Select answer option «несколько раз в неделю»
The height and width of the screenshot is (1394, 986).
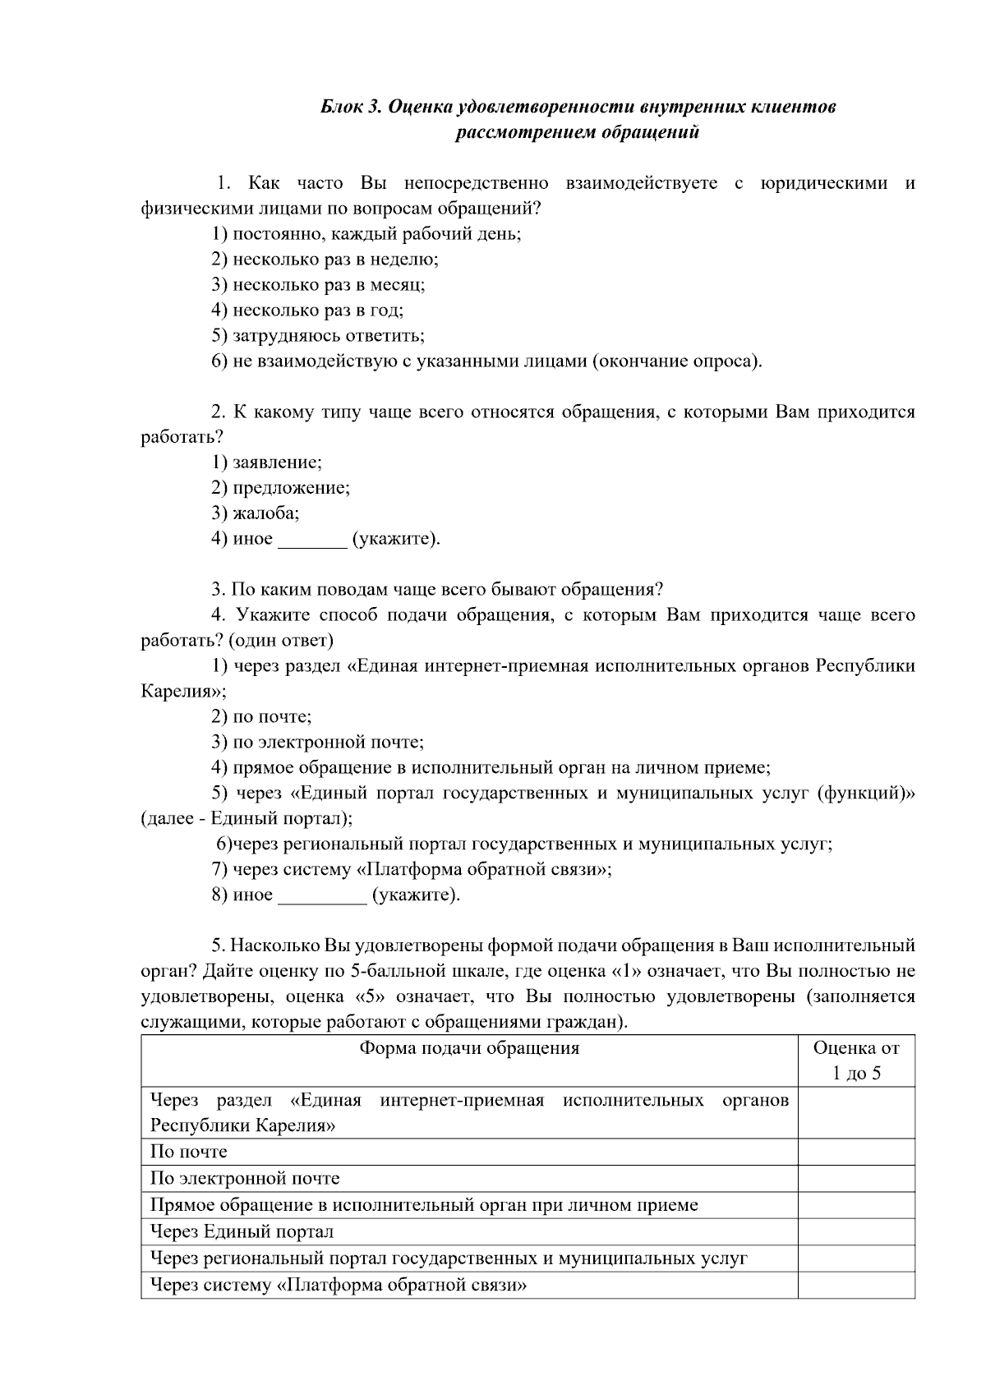point(325,260)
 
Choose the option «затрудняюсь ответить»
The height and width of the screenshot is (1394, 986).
point(318,336)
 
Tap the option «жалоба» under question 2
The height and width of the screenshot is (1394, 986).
point(255,513)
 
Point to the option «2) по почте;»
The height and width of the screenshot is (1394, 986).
point(261,716)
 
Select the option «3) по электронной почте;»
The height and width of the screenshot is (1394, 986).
point(317,743)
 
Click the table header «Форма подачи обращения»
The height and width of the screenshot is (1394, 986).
point(469,1048)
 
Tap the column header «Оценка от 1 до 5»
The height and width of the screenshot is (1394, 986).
point(856,1060)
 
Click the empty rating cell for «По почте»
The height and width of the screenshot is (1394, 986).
point(856,1152)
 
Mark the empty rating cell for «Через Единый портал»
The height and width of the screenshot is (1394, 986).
point(856,1231)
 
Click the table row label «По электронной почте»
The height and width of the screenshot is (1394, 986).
point(245,1179)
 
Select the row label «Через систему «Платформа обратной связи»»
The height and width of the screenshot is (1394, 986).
point(338,1285)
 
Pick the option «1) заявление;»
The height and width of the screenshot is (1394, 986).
point(266,462)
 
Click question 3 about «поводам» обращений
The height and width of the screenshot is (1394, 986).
point(437,590)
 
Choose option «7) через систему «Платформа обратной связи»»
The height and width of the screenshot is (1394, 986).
point(411,869)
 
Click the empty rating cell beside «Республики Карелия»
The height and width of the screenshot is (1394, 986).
point(856,1112)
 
